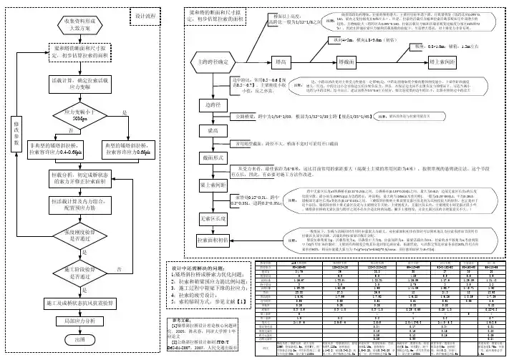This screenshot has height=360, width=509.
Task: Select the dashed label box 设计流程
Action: [147, 15]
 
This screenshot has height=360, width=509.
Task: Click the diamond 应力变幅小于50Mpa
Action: [79, 115]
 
